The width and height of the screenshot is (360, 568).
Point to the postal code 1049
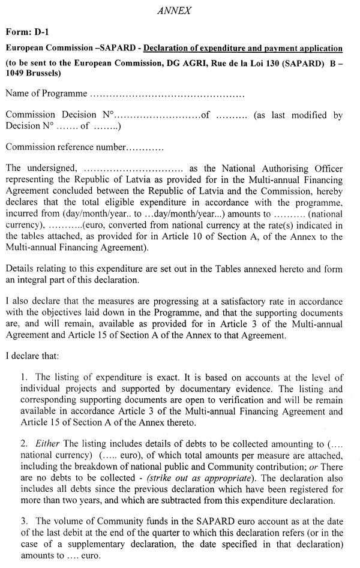coord(15,74)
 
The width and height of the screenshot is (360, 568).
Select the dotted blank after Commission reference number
coord(145,146)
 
